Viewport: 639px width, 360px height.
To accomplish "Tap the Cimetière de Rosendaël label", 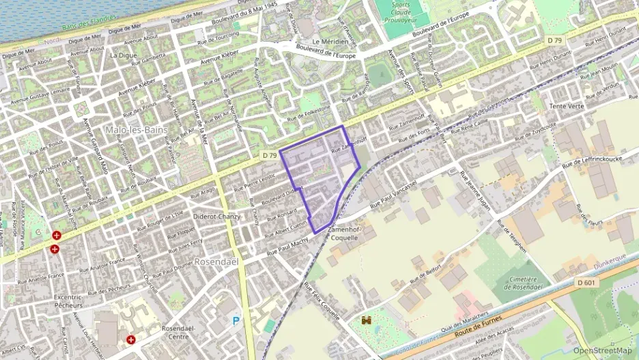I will [530, 283].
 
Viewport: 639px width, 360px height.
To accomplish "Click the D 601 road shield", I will [586, 282].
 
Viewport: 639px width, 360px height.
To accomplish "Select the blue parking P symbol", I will [236, 320].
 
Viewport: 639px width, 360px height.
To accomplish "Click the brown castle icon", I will [366, 319].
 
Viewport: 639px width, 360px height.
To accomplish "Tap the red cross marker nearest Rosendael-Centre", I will [130, 340].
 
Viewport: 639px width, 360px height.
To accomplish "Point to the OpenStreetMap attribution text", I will [602, 350].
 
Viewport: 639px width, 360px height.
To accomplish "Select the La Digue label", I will [124, 55].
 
